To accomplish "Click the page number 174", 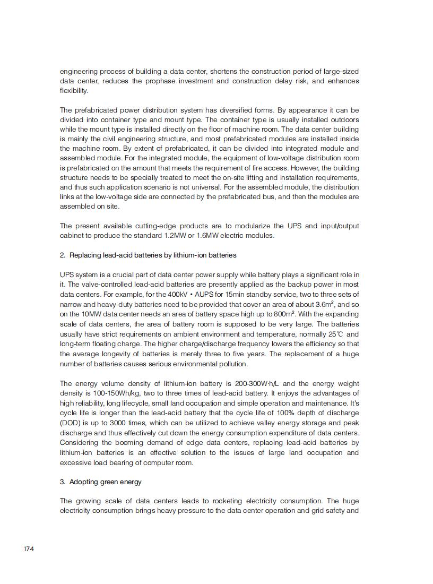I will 29,548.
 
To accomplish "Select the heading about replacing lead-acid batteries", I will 148,255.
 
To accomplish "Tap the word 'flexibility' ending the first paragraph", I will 74,91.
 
